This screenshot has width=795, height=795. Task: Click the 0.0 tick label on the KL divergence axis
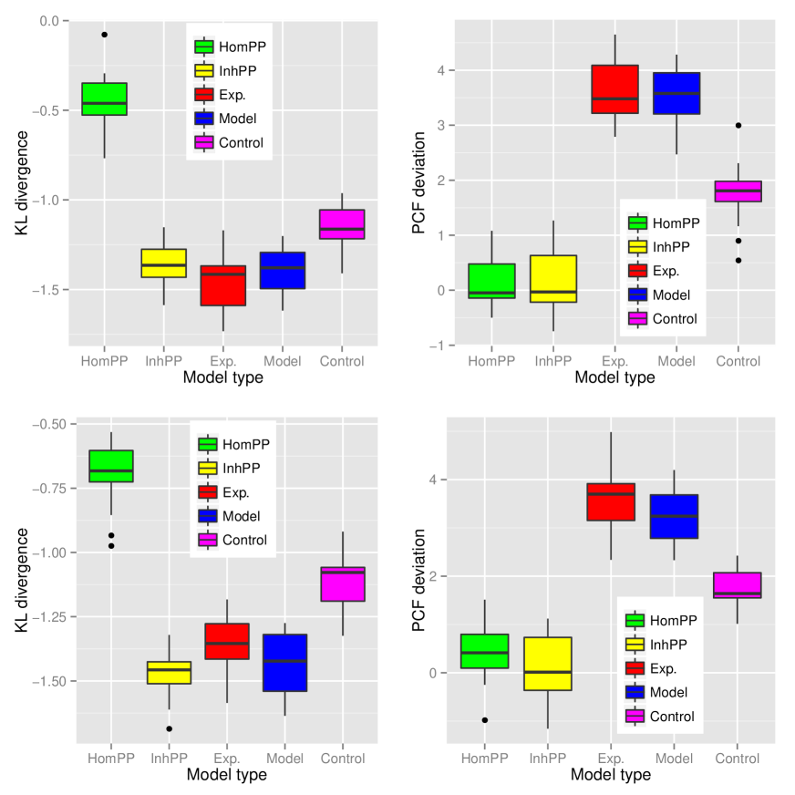pos(48,21)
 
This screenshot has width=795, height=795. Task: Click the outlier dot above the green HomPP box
pos(105,35)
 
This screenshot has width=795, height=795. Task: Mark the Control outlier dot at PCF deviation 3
pos(738,125)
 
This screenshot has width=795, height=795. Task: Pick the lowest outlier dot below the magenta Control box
pos(738,261)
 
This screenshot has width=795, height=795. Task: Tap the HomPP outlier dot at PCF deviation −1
pos(485,720)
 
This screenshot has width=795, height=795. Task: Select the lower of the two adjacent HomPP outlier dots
pos(111,546)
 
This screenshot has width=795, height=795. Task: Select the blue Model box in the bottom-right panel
pos(673,516)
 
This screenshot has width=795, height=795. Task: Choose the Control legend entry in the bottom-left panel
pos(232,540)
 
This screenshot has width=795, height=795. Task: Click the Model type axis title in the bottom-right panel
pos(611,775)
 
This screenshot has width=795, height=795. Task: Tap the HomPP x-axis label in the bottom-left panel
pos(111,759)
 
